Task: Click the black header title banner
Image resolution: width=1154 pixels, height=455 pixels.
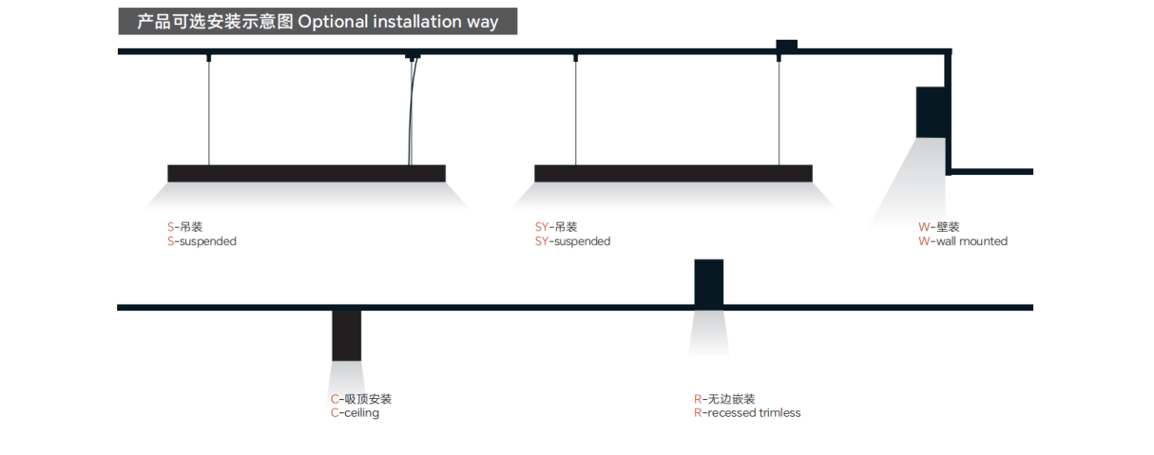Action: point(317,22)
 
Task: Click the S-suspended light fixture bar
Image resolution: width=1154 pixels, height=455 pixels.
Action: point(306,173)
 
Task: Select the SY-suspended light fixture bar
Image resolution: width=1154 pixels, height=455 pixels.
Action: point(673,173)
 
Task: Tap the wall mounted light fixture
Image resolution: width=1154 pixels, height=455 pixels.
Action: point(931,112)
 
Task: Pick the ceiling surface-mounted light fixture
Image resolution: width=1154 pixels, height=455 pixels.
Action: point(346,335)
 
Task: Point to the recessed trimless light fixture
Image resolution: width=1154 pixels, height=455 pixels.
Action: point(708,283)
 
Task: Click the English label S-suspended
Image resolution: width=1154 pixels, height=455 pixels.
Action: point(202,241)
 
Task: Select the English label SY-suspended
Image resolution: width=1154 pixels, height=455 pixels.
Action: point(572,241)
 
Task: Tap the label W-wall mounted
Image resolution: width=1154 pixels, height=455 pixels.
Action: point(962,241)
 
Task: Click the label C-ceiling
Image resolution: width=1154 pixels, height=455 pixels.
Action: point(355,413)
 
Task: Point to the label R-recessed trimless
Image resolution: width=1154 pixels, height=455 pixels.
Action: point(747,413)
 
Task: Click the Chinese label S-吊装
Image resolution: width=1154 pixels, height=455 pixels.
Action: point(184,227)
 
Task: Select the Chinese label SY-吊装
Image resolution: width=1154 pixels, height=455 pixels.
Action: point(556,227)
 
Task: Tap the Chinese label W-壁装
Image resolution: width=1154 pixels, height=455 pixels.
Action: point(938,227)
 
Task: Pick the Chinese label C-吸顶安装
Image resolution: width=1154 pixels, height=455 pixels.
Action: point(361,399)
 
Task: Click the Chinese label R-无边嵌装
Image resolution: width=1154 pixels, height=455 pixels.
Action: point(724,399)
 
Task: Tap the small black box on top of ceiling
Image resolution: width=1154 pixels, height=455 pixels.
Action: point(786,44)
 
